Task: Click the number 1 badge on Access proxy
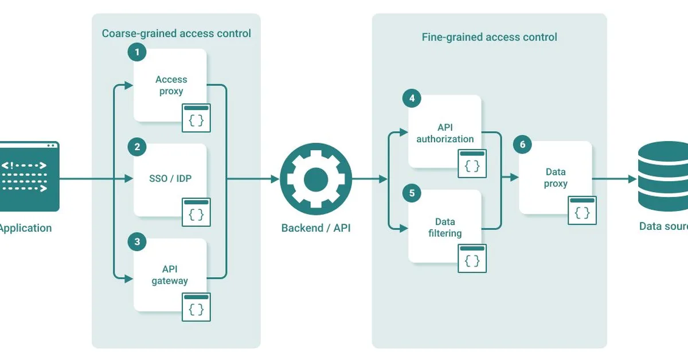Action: pos(136,53)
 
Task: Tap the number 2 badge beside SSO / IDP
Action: pos(136,147)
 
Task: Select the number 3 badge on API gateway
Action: pos(136,242)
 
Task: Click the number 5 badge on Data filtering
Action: pos(411,193)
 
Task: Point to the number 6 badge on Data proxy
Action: pos(522,144)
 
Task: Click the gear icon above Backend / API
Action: pos(315,179)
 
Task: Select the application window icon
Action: pos(29,177)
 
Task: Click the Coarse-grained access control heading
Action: pos(176,33)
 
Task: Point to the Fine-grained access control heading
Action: pos(489,37)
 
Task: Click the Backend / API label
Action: pos(315,228)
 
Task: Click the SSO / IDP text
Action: pos(171,179)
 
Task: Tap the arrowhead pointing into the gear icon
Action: pos(275,179)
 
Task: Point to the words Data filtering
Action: pos(445,228)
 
